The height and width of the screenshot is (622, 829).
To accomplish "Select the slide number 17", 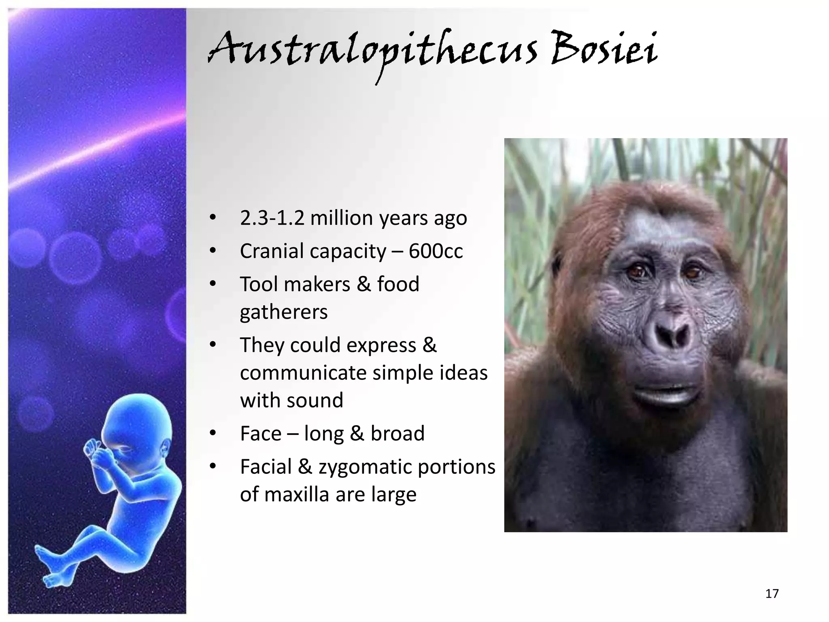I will coord(772,594).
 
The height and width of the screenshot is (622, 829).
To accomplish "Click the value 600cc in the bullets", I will coord(436,251).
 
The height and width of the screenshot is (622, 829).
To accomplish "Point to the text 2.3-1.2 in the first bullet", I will coord(272,218).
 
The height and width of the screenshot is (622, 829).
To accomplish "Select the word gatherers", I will coord(283,312).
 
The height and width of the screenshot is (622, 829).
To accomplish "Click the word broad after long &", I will coord(397,434).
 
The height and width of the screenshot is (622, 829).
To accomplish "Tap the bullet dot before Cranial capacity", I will coord(213,251).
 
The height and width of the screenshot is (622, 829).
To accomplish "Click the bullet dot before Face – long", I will coord(213,434).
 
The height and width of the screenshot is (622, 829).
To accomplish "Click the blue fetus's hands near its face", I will coord(95,452).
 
